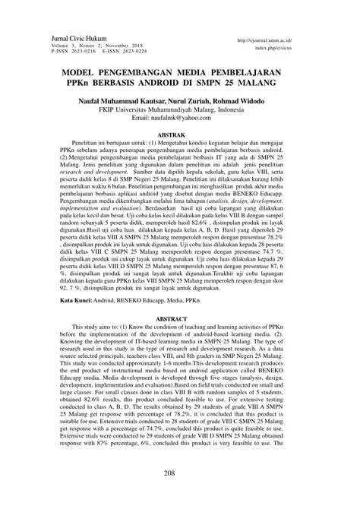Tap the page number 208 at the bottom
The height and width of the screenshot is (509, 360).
pos(179,493)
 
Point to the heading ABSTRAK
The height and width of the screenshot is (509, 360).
pos(179,132)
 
